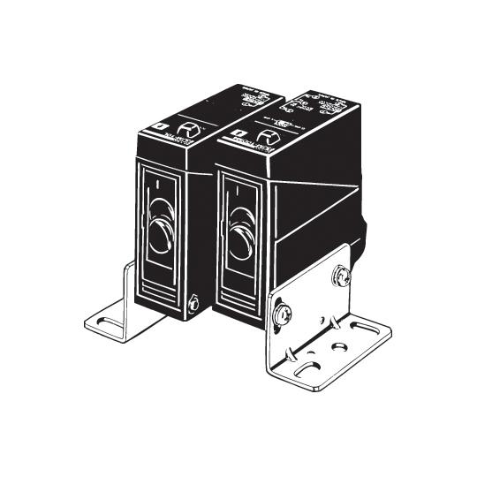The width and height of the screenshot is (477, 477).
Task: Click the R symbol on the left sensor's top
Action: coord(193,130)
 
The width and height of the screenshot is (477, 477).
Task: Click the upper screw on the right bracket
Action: coord(342,276)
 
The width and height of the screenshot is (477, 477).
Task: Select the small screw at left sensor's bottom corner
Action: coord(193,306)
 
